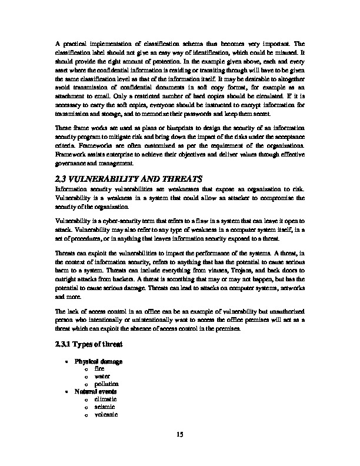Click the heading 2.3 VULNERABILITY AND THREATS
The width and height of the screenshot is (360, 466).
pos(128,178)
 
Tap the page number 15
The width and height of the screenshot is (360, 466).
pos(180,435)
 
